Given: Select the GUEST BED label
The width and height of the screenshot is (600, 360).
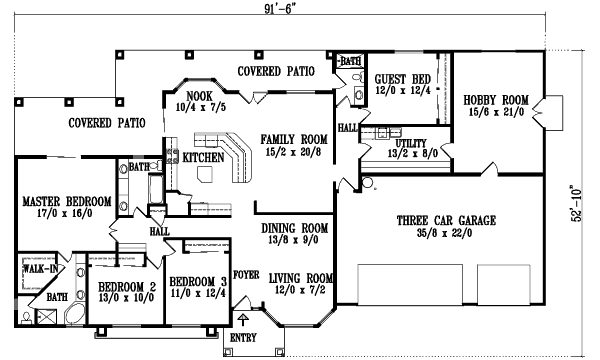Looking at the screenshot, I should pos(402,78).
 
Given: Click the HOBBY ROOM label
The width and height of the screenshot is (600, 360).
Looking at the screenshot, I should pos(495,100).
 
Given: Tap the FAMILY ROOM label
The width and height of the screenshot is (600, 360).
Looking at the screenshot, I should pos(295,139).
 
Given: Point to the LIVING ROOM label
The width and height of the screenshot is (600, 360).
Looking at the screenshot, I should pos(303,277).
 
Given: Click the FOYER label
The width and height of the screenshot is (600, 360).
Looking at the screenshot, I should pos(246,271).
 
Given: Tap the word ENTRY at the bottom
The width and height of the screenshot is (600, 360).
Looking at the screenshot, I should pos(244,339).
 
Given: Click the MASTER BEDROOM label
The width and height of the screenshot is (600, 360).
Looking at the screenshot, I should pos(60,201).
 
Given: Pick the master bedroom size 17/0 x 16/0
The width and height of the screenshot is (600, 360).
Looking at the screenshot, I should pos(60,214).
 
